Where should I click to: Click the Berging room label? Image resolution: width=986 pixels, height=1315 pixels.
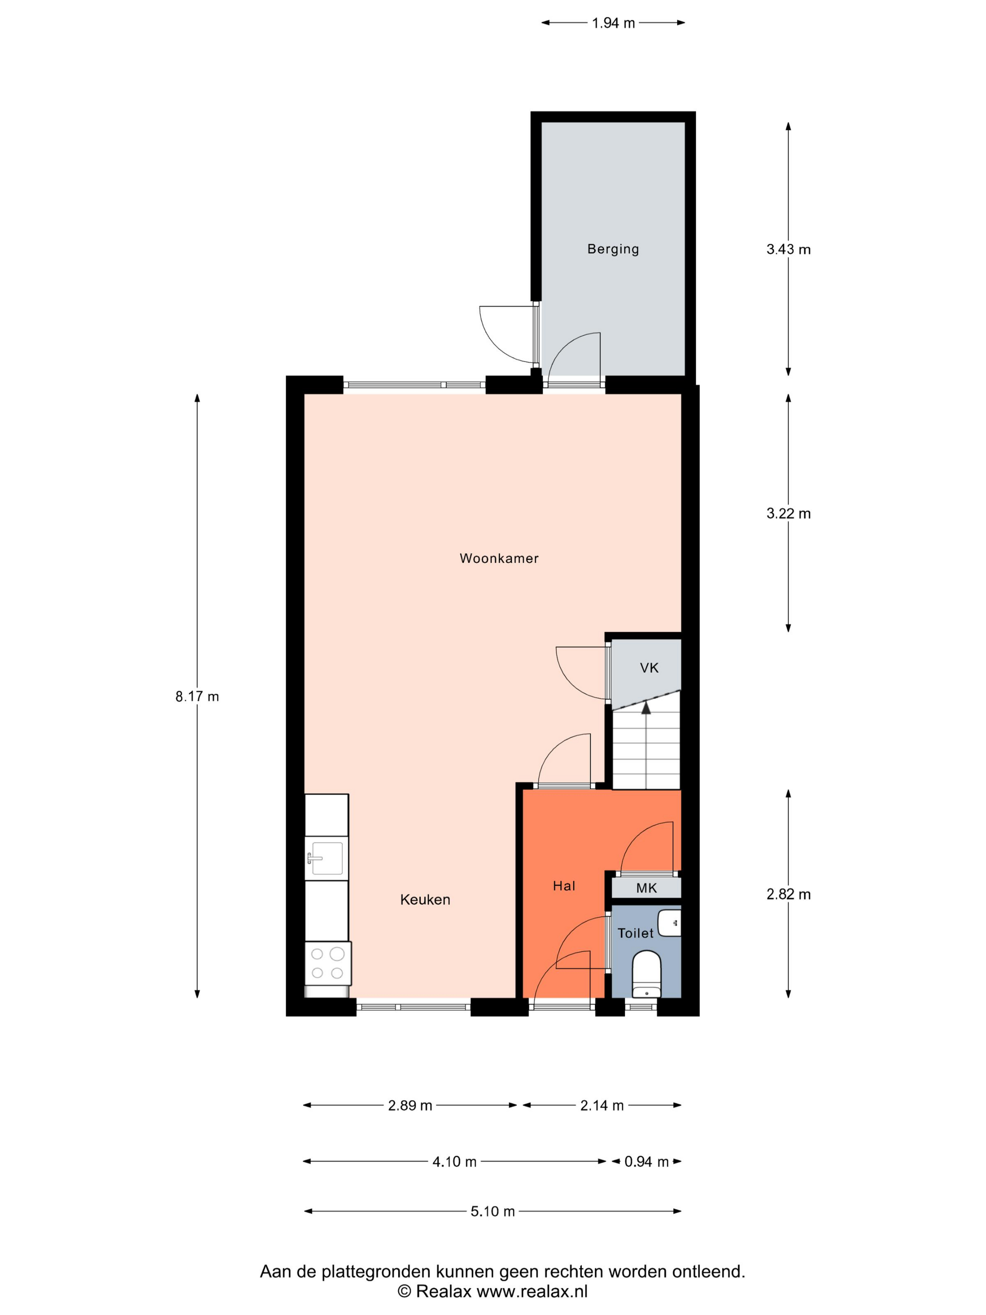(x=613, y=249)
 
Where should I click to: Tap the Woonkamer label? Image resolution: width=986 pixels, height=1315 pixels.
(x=499, y=558)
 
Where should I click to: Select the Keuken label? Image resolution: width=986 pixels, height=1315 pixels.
(x=425, y=899)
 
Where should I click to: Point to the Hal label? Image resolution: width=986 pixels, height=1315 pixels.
(x=564, y=886)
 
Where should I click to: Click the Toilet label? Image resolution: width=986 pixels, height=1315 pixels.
(x=635, y=933)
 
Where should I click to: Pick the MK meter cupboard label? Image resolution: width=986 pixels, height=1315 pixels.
(x=647, y=888)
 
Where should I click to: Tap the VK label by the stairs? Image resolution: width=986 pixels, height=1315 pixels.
(x=649, y=668)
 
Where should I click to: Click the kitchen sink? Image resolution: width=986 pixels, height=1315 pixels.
(x=326, y=859)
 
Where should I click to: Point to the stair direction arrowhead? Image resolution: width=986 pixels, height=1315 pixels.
(x=646, y=707)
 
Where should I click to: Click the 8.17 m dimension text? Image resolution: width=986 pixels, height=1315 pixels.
(x=197, y=697)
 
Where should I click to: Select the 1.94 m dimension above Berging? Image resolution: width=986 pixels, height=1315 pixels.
(x=613, y=23)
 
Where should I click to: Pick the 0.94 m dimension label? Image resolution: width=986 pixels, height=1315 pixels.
(x=647, y=1161)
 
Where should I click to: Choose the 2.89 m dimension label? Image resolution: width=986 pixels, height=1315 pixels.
(x=410, y=1106)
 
